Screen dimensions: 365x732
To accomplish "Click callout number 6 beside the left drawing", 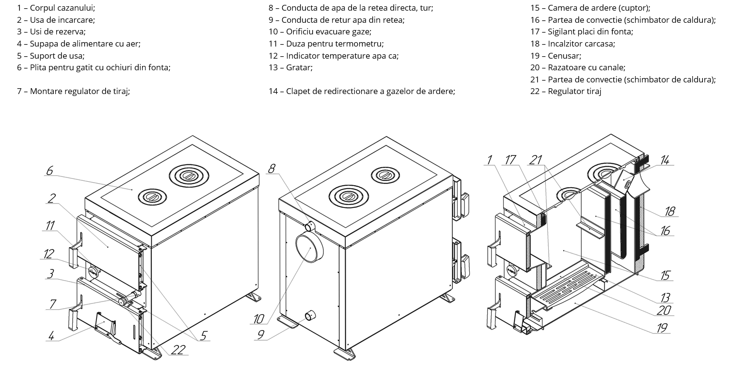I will [49, 171].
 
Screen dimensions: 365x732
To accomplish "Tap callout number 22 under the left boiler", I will [178, 349].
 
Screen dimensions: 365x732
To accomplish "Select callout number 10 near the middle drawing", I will [258, 319].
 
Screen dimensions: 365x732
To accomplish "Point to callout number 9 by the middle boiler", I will [260, 334].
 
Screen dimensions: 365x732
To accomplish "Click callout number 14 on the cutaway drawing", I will [665, 160].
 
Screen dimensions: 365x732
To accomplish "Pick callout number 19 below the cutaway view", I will [662, 328].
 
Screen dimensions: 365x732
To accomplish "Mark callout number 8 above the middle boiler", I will [272, 168].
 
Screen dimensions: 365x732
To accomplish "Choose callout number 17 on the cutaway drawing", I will [509, 160].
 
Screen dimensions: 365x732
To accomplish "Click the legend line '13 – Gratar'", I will [290, 67].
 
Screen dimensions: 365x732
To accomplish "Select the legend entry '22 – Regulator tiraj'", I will [565, 91].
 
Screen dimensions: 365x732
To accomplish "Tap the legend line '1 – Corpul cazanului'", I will [56, 8].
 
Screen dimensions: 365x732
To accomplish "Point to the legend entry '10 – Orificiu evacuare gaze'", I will [320, 32].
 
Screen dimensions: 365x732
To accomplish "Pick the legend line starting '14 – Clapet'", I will [362, 91].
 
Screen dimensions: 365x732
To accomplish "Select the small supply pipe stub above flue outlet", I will [309, 226].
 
